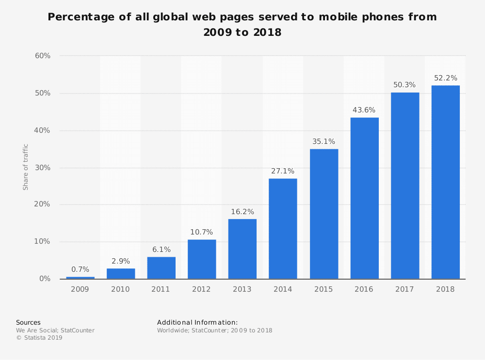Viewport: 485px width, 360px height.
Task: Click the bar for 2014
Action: (283, 229)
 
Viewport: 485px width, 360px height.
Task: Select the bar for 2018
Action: (445, 182)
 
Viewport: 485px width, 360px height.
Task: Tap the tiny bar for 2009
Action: (80, 278)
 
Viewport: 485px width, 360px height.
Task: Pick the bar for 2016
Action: (364, 198)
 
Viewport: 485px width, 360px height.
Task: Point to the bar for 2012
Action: (202, 259)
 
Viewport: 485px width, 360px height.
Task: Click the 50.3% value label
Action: (404, 85)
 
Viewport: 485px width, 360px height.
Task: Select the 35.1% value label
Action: (323, 141)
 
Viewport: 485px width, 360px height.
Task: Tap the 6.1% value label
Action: (162, 250)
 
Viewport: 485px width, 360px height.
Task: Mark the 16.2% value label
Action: (242, 212)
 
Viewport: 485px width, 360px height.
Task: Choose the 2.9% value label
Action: (121, 261)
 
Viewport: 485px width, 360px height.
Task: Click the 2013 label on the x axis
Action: (242, 289)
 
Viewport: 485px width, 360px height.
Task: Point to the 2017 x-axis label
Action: (404, 289)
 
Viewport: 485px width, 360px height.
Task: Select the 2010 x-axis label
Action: (121, 289)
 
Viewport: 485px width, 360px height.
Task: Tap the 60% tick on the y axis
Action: (43, 56)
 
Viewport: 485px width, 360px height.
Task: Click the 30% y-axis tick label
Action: (43, 168)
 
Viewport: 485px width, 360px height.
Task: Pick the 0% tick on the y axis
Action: (45, 279)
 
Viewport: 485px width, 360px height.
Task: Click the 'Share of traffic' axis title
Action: (26, 167)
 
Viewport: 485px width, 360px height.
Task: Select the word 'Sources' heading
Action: (28, 322)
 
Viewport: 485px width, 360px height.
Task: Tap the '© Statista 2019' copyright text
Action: (39, 338)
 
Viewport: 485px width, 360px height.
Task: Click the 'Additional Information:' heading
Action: (197, 322)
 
